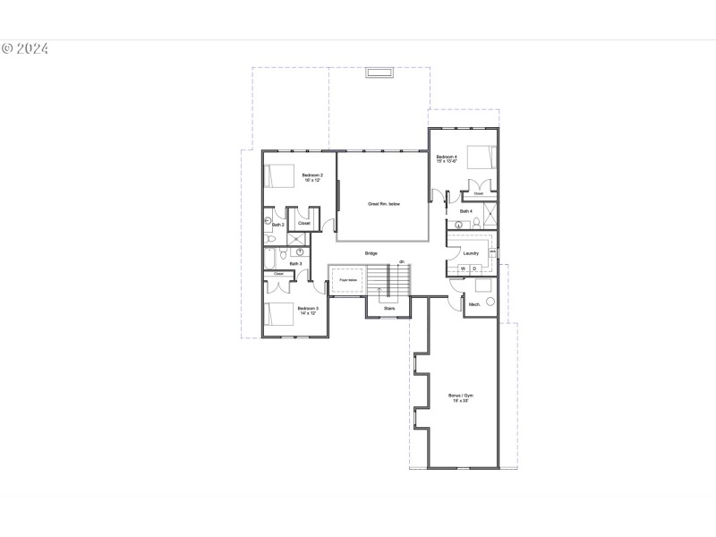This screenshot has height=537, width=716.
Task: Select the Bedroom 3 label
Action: pyautogui.click(x=308, y=311)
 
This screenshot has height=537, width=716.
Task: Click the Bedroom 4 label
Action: pyautogui.click(x=447, y=159)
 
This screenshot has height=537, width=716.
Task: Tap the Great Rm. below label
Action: pyautogui.click(x=384, y=204)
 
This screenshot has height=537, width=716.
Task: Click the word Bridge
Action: pyautogui.click(x=371, y=253)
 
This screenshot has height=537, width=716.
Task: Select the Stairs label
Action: pyautogui.click(x=389, y=308)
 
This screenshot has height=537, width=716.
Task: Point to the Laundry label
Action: pyautogui.click(x=472, y=253)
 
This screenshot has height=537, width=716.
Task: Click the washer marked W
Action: pyautogui.click(x=464, y=268)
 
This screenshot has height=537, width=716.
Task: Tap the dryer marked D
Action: pyautogui.click(x=475, y=268)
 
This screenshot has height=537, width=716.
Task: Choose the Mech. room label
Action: pyautogui.click(x=474, y=304)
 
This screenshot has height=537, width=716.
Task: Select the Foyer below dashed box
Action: pyautogui.click(x=348, y=281)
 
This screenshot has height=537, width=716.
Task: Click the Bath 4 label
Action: pyautogui.click(x=465, y=211)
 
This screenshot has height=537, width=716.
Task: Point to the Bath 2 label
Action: pyautogui.click(x=277, y=225)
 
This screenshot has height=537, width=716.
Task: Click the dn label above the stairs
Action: pyautogui.click(x=402, y=261)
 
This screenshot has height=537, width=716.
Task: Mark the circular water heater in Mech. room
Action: pyautogui.click(x=490, y=301)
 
